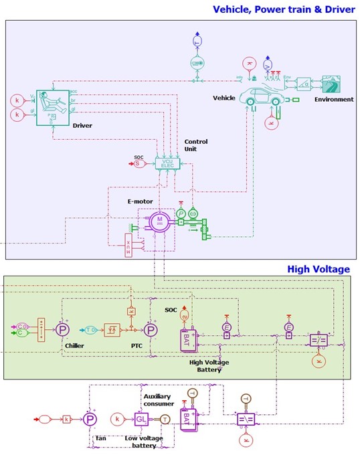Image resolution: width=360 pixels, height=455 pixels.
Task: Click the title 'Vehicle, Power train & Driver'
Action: click(x=283, y=9)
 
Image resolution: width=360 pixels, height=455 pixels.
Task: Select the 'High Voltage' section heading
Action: click(x=318, y=269)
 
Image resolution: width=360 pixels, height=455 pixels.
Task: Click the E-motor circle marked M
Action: click(x=160, y=220)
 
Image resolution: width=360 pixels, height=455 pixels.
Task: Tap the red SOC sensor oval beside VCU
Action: click(x=139, y=163)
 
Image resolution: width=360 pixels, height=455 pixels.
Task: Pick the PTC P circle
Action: click(x=152, y=329)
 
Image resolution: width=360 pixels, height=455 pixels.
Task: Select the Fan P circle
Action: click(x=90, y=420)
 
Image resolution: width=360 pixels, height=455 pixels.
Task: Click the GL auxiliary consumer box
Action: click(x=141, y=420)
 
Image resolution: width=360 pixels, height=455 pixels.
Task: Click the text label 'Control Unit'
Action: click(x=195, y=146)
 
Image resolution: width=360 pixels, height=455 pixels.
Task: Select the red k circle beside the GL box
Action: click(x=118, y=420)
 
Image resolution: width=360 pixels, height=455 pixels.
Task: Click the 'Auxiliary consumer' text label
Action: click(x=159, y=400)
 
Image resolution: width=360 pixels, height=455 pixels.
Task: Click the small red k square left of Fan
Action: click(x=66, y=420)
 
